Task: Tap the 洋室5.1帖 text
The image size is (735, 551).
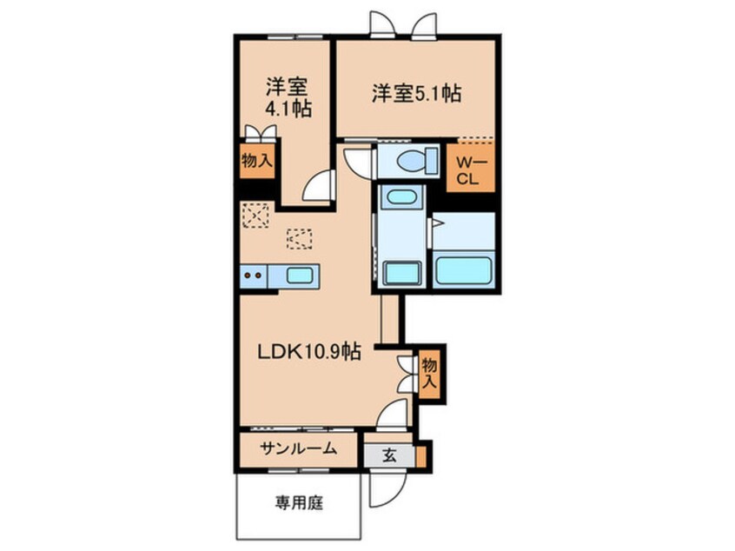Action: click(x=416, y=94)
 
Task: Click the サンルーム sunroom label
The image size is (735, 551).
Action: click(x=295, y=449)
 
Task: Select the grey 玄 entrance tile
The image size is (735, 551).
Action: click(x=387, y=455)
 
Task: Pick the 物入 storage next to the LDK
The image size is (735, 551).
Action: click(x=428, y=372)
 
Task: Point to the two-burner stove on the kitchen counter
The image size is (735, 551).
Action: click(x=254, y=275)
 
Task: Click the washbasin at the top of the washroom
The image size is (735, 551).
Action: click(x=401, y=196)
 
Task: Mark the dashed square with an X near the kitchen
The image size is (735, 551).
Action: click(x=255, y=214)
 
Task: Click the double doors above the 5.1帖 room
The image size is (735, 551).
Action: click(x=401, y=24)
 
